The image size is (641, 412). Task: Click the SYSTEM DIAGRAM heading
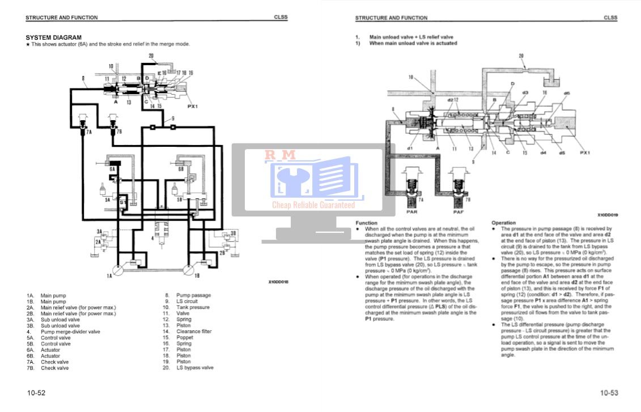53,37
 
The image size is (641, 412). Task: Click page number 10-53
609,393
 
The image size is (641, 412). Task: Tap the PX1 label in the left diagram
193,106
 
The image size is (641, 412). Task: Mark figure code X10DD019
607,215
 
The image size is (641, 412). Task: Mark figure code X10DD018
278,282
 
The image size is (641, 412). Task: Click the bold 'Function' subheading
366,223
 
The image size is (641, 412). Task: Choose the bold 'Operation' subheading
503,223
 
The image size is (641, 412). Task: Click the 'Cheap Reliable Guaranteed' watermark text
313,205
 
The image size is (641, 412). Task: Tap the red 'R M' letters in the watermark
281,154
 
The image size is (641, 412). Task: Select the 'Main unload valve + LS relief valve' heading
411,37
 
